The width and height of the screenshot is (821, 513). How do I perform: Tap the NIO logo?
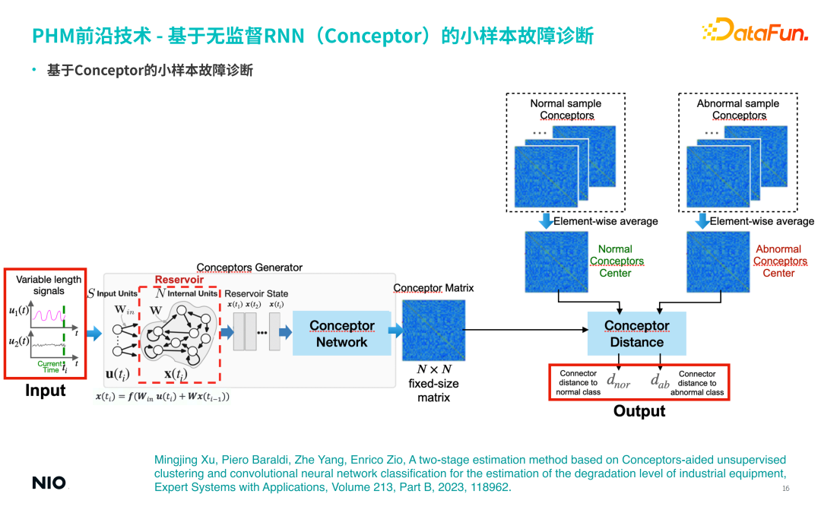click(49, 483)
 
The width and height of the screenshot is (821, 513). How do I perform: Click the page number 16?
click(786, 488)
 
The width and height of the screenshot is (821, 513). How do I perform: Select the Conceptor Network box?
click(341, 334)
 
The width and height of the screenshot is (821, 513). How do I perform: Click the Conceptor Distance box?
click(636, 334)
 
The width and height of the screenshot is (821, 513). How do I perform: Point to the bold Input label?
click(46, 391)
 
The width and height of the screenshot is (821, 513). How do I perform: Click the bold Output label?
click(639, 411)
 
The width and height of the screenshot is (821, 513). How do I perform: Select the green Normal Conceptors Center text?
click(616, 261)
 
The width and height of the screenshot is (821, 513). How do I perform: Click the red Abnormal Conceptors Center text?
click(778, 261)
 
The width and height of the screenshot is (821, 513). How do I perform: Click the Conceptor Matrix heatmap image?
click(433, 330)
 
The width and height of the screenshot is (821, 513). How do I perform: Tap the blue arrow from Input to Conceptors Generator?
click(94, 333)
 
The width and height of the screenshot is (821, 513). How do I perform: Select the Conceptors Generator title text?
click(249, 268)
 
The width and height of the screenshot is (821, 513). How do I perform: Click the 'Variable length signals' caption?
click(49, 285)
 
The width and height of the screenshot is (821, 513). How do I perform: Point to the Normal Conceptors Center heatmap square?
click(556, 261)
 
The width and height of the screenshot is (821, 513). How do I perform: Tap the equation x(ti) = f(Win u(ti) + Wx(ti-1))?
click(163, 396)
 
